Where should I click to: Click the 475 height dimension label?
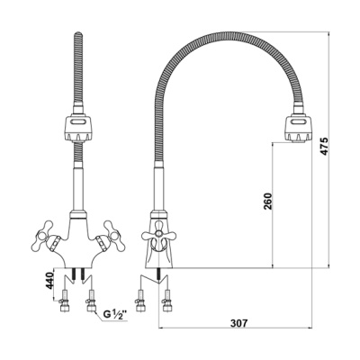tap(324, 146)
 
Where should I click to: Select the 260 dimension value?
tap(267, 201)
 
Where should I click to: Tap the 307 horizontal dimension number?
tap(239, 323)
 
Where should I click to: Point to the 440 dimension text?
tap(49, 280)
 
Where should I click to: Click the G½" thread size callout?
tap(115, 315)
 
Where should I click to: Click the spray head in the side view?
tap(299, 129)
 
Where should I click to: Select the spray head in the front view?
tap(78, 129)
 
